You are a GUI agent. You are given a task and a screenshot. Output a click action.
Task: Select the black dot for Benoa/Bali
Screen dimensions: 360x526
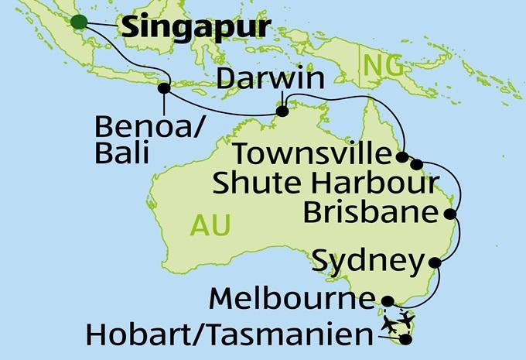tap(164, 88)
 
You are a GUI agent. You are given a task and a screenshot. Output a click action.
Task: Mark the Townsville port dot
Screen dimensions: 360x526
tap(401, 157)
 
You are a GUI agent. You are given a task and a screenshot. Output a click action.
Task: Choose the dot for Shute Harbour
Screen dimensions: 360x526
tap(418, 164)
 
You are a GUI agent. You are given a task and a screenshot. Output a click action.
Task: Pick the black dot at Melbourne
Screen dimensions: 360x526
tap(389, 302)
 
